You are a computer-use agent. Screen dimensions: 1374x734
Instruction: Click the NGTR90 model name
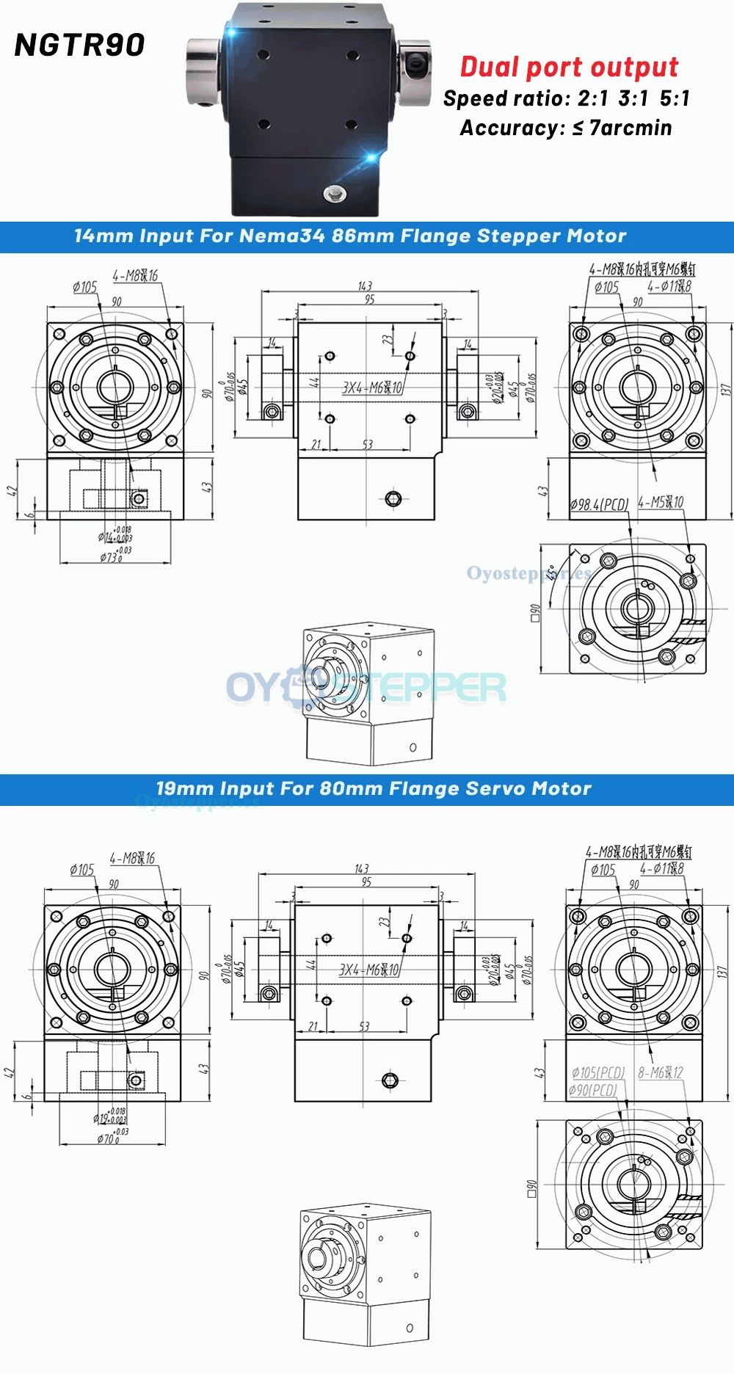[x=79, y=46]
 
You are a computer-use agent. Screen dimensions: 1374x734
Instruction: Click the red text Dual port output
[x=569, y=67]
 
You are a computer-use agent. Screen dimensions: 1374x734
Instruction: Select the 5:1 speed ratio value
[x=675, y=98]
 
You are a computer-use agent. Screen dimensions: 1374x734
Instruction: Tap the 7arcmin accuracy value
[x=631, y=128]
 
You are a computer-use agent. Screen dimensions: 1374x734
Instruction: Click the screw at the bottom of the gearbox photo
[x=335, y=193]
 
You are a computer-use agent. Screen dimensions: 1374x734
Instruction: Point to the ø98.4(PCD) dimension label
[x=600, y=504]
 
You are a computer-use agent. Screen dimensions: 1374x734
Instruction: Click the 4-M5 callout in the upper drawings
[x=661, y=502]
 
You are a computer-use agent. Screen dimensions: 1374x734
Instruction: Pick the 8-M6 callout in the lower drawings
[x=661, y=1072]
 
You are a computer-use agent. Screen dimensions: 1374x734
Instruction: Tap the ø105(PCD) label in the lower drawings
[x=598, y=1072]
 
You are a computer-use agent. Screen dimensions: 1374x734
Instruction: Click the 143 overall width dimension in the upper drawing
[x=365, y=286]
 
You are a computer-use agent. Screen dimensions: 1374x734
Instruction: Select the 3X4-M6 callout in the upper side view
[x=372, y=388]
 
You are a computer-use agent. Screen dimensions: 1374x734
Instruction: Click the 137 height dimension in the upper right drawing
[x=725, y=390]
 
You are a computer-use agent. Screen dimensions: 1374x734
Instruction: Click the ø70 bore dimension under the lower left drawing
[x=108, y=1138]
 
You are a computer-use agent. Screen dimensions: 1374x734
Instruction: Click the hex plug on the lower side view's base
[x=390, y=1080]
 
